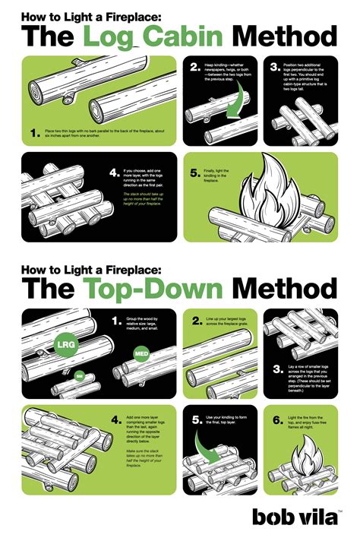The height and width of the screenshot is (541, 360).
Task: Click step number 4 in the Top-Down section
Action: coord(115,419)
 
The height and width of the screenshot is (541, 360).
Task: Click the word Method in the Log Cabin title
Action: coord(284,36)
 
